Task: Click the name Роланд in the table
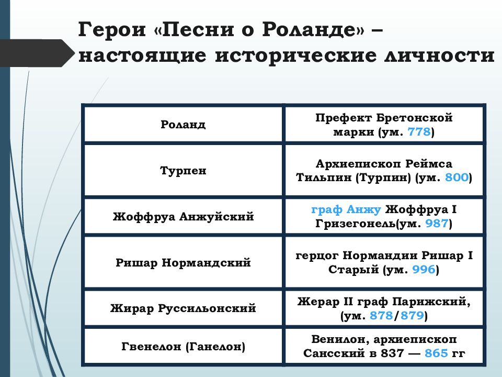coord(183,125)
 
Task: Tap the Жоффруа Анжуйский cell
coord(183,216)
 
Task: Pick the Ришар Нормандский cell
coord(183,262)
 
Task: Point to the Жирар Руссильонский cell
coord(183,308)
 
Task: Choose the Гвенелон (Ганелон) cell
coord(183,346)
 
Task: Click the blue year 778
coord(419,132)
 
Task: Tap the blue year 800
coord(457,178)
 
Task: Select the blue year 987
coord(437,224)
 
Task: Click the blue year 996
coord(424,270)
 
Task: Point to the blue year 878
coord(381,316)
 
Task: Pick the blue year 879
coord(413,316)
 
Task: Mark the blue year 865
coord(436,353)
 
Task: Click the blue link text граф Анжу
coord(346,209)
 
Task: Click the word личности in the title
coord(440,55)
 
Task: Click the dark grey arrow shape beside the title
coord(37,53)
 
